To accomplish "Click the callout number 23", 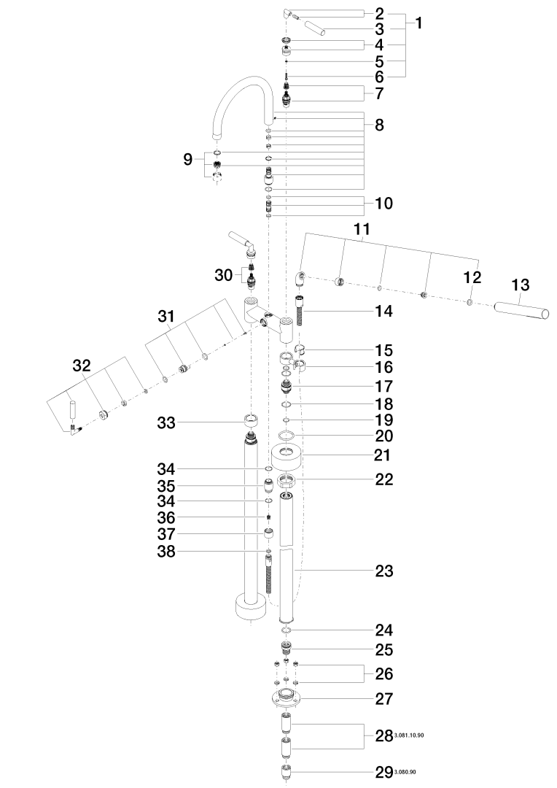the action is (x=384, y=571).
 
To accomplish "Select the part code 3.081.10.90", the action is (x=410, y=735).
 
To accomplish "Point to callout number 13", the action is (x=521, y=285).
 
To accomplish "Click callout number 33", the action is (x=166, y=422).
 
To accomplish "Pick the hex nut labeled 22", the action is (x=287, y=482).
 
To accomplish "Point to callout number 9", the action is (x=188, y=160).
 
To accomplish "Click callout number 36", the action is (x=166, y=517).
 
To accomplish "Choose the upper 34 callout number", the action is (x=166, y=469).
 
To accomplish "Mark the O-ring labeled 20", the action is (x=287, y=435).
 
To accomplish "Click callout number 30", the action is (x=224, y=275).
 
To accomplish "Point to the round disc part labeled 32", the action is (x=104, y=415).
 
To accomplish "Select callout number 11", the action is (x=362, y=229).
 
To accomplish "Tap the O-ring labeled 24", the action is (x=287, y=630).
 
